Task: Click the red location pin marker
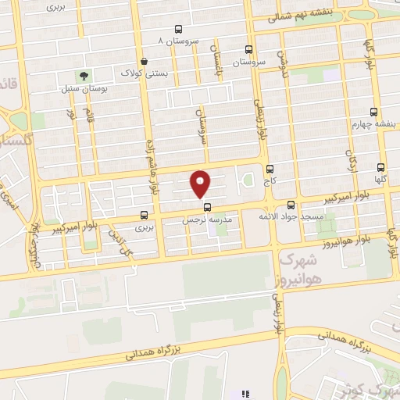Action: coord(202,184)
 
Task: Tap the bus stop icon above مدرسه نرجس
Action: coord(207,208)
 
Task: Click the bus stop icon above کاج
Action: coord(270,168)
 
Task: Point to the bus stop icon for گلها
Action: coord(381,167)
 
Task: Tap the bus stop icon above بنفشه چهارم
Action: coord(373,111)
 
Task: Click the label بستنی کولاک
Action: coord(143,73)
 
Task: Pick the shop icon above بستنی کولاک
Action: coord(143,61)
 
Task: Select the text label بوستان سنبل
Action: coord(84,88)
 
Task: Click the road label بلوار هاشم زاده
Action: coord(154,166)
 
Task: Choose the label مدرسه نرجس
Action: coord(208,220)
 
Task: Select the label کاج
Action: coord(270,180)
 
